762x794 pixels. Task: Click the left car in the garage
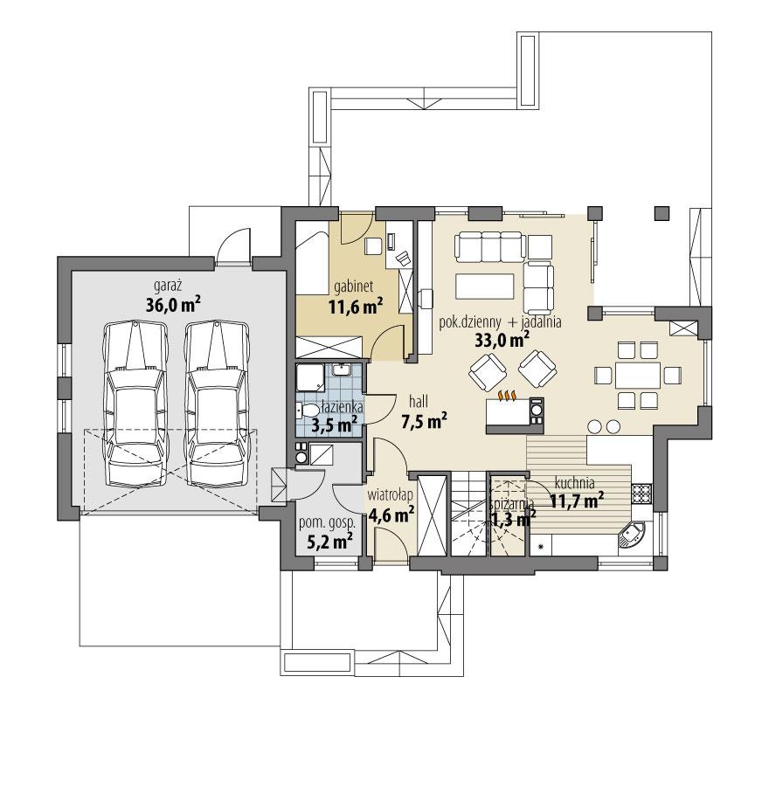pos(133,404)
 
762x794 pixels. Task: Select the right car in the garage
pos(215,404)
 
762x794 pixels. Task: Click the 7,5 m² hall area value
pos(424,421)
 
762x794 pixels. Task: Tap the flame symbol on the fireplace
pos(508,397)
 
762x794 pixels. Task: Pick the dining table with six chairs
pos(636,376)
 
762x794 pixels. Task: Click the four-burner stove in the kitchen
pos(642,494)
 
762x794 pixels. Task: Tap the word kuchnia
pos(573,481)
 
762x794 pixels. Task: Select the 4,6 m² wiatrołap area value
pos(390,514)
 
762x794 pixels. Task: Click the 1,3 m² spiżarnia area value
pos(513,518)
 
